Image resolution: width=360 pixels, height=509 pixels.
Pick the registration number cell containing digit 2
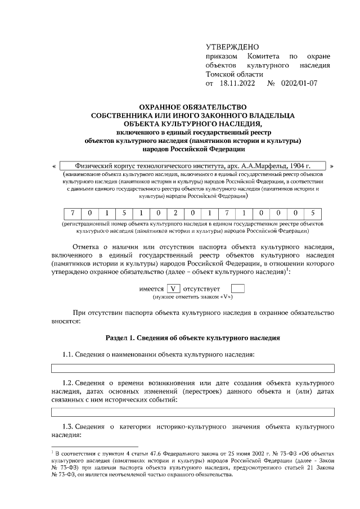(x=175, y=213)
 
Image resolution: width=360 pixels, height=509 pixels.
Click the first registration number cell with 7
(x=73, y=213)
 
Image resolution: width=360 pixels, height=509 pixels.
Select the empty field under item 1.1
(x=193, y=368)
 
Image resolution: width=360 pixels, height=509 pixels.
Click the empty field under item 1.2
(x=193, y=412)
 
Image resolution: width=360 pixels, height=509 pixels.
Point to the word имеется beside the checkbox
(x=151, y=289)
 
